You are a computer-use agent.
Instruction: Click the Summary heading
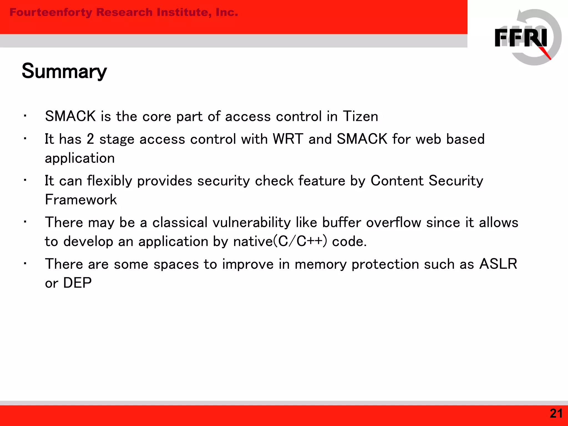coord(64,71)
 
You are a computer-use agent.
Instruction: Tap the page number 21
coord(556,414)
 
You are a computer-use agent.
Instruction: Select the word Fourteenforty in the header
coord(51,12)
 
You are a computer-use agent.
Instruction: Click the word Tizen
coord(361,116)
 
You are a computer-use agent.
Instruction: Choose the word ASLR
coord(498,264)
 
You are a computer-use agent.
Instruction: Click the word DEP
coord(77,283)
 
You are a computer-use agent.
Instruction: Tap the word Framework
coord(81,200)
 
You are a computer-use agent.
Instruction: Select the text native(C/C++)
coord(280,241)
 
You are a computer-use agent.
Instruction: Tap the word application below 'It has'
coord(80,158)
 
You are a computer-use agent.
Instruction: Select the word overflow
coord(394,222)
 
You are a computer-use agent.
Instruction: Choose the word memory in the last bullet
coord(321,264)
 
